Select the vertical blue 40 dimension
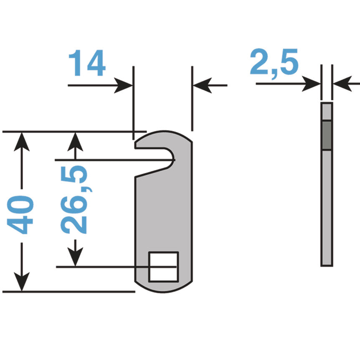[x=21, y=214]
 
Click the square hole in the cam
[x=163, y=266]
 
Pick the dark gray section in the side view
[x=327, y=135]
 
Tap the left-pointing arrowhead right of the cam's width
[x=201, y=86]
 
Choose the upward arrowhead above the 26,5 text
[x=75, y=142]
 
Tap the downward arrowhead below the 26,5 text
[x=75, y=256]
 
